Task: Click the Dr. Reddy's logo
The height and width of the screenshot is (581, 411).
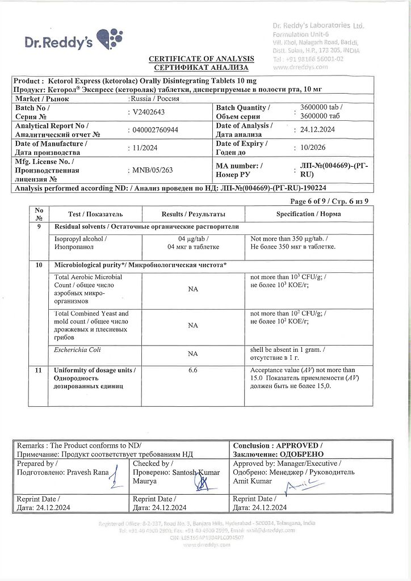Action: (x=73, y=40)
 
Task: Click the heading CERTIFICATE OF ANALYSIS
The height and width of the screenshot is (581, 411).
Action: (x=201, y=59)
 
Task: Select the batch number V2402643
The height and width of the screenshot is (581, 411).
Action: (x=149, y=112)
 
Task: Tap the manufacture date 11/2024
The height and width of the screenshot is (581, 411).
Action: (x=145, y=148)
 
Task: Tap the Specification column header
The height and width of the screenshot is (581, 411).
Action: (x=304, y=214)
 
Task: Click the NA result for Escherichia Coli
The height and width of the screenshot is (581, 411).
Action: (x=192, y=353)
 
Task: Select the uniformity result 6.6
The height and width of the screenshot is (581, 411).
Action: (x=192, y=371)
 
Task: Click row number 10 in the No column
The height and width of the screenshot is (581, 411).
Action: (x=39, y=265)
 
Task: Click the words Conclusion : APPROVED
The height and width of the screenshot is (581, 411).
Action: (x=278, y=446)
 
